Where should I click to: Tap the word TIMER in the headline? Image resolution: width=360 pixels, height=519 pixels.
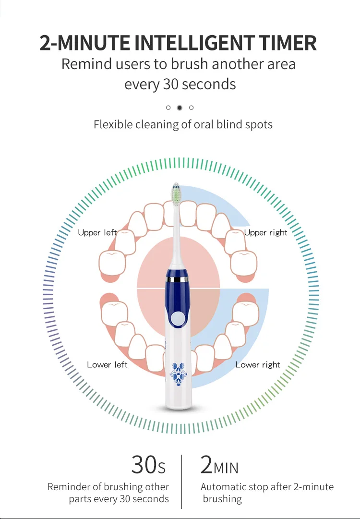[288, 43]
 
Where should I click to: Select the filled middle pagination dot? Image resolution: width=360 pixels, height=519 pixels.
[180, 108]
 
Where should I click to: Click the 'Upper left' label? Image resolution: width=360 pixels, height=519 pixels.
[97, 233]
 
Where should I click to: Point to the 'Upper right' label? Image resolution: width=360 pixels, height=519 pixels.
[265, 233]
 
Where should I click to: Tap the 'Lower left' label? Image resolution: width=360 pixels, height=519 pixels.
[107, 365]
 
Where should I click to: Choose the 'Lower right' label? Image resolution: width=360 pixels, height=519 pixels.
[258, 365]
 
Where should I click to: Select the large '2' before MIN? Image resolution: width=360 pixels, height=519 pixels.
[206, 465]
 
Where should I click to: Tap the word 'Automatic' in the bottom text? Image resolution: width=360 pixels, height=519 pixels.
[223, 487]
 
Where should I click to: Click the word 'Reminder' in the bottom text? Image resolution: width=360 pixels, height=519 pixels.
[68, 487]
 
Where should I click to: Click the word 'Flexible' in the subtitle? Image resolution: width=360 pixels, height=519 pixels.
[113, 125]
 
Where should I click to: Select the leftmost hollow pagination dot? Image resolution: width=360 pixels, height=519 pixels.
[168, 108]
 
